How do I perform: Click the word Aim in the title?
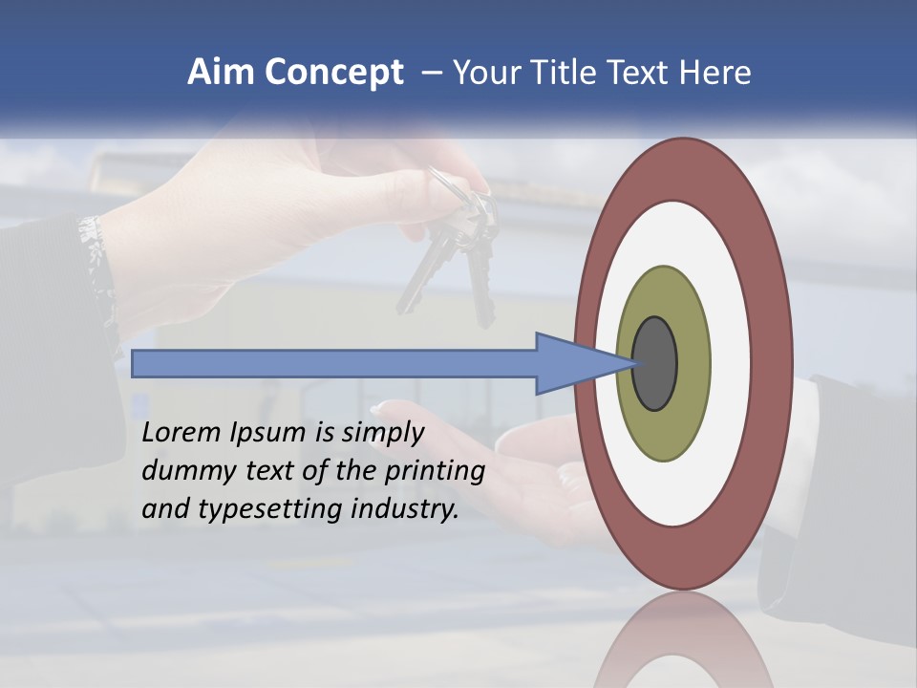[x=221, y=73]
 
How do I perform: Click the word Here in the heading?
[x=715, y=73]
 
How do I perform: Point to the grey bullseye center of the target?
[x=655, y=364]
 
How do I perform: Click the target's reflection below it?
[x=682, y=640]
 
